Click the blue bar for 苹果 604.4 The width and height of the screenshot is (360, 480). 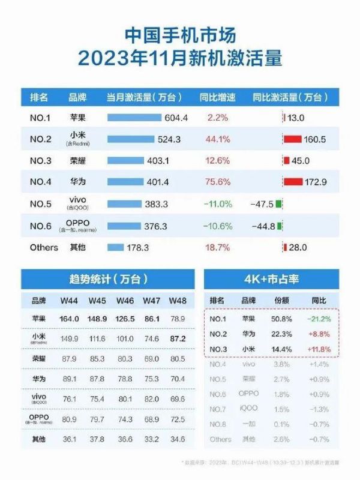click(134, 118)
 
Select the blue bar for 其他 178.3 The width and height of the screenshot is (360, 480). click(116, 247)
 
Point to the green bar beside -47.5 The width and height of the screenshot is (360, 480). click(280, 204)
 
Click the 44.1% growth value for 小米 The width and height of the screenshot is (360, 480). click(218, 139)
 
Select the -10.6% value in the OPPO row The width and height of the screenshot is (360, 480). click(218, 226)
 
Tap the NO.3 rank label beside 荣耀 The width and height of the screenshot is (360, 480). click(41, 161)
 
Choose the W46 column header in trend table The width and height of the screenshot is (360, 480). click(125, 300)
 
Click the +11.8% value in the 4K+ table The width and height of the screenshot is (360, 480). click(319, 347)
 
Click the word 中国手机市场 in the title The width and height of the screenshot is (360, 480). click(180, 34)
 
